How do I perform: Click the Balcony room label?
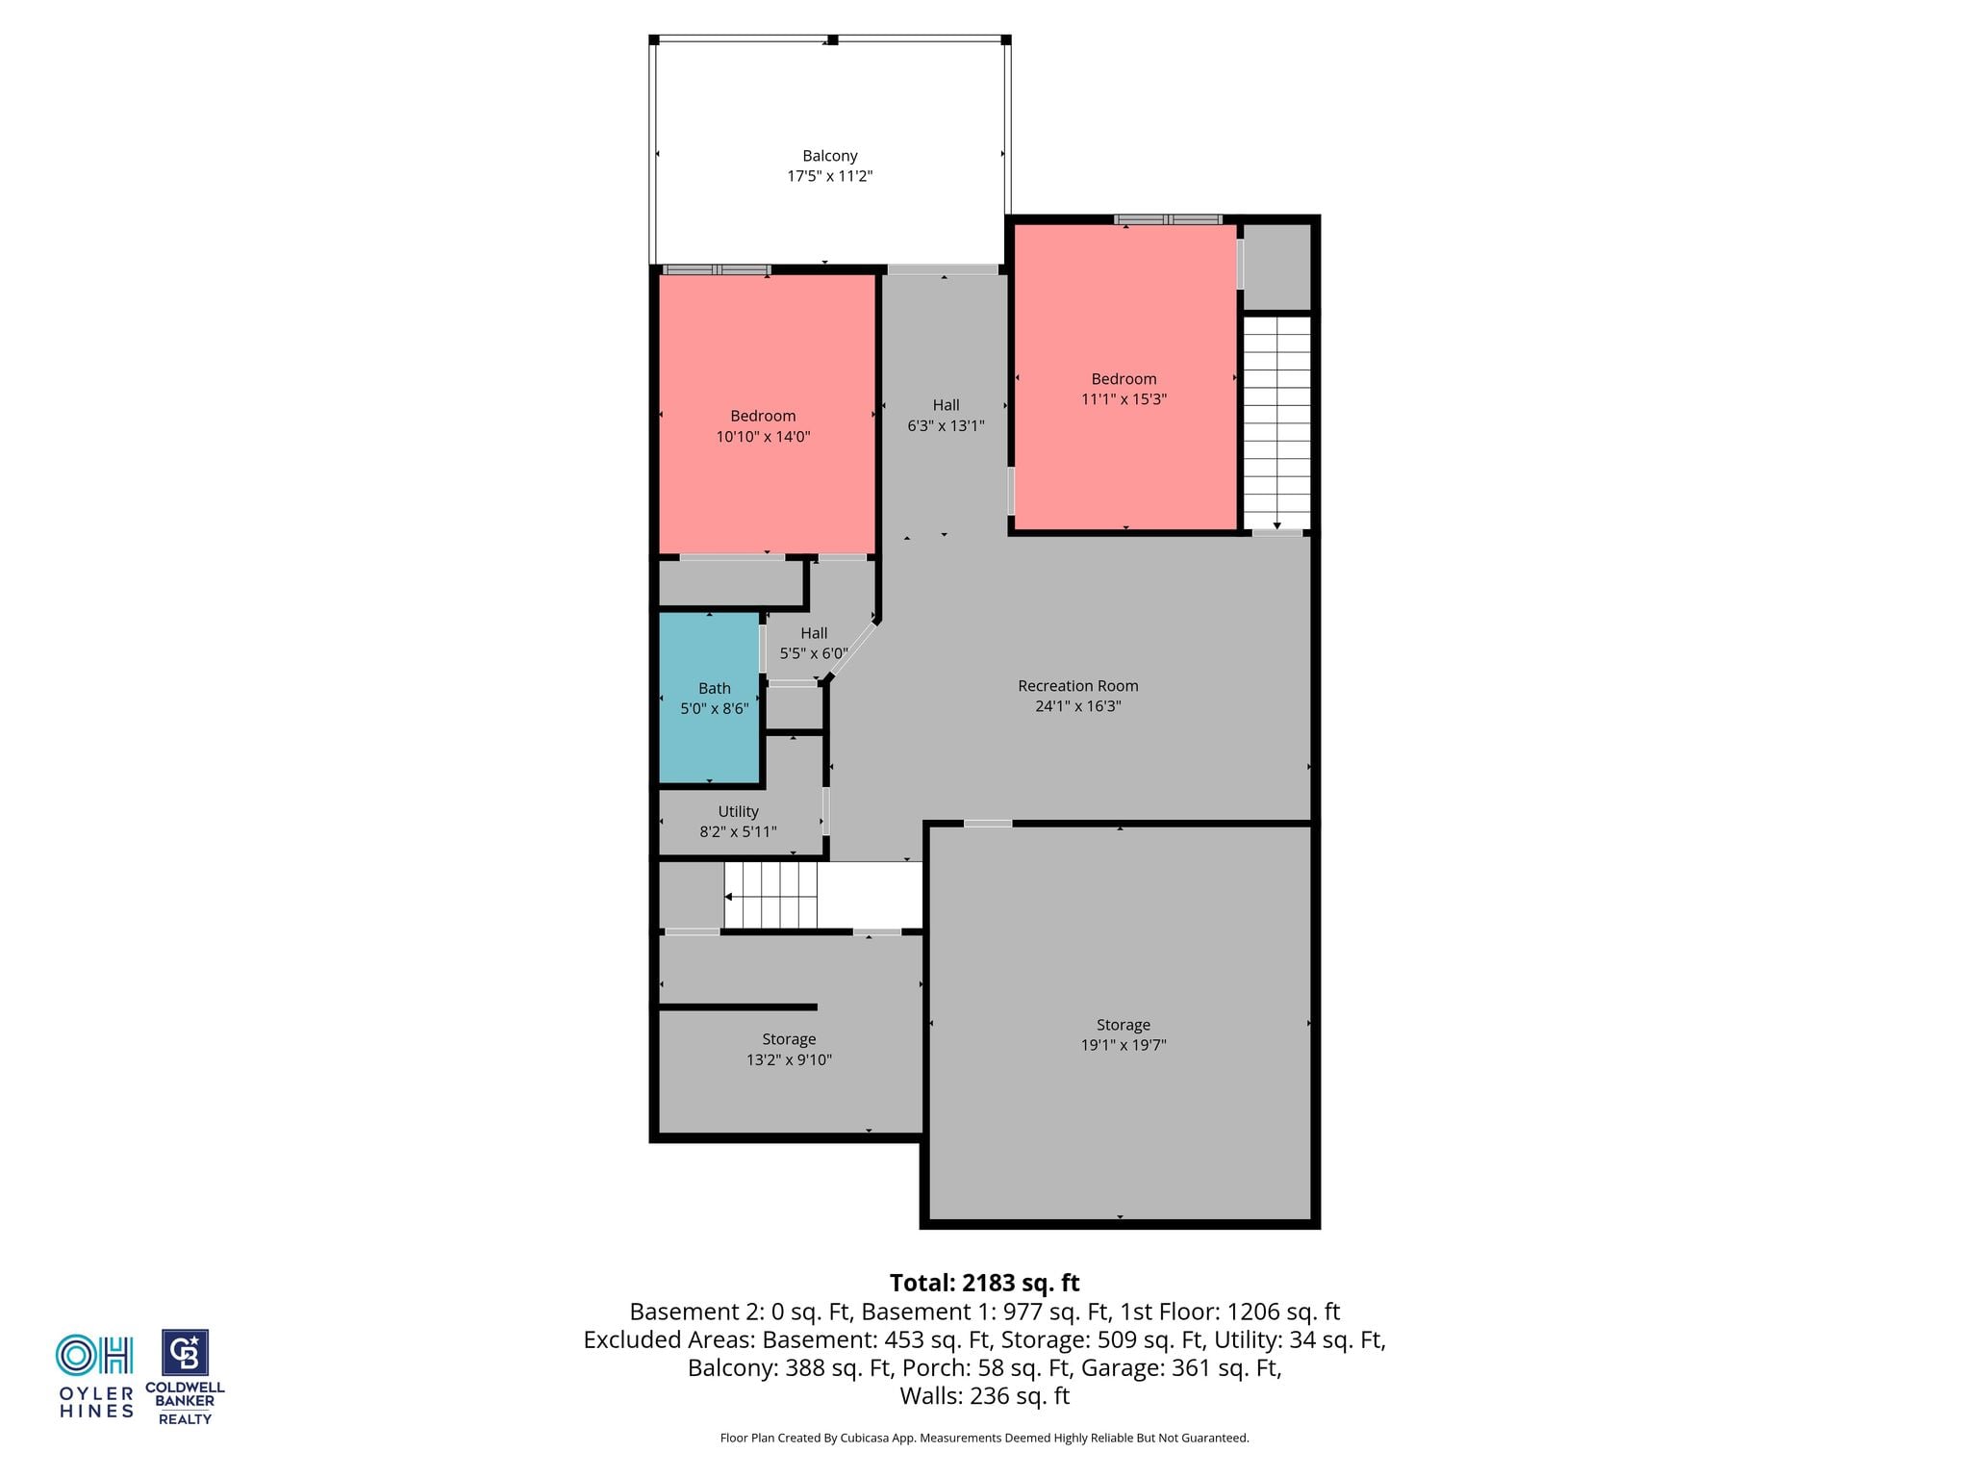click(829, 156)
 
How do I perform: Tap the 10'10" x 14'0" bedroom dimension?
click(763, 437)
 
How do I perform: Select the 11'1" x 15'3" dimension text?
click(1124, 399)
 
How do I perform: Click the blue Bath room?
click(710, 698)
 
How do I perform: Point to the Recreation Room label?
click(1077, 686)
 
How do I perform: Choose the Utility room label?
click(738, 812)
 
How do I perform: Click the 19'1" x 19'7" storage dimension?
click(1123, 1045)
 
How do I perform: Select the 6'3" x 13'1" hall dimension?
click(946, 425)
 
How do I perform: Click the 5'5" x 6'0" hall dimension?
click(814, 653)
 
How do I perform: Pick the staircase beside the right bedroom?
click(1276, 422)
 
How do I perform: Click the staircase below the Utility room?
click(770, 895)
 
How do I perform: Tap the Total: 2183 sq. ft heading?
click(984, 1283)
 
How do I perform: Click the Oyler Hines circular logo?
click(94, 1355)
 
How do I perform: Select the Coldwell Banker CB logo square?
click(185, 1353)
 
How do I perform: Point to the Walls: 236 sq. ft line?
click(984, 1395)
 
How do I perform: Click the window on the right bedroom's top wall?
click(1168, 219)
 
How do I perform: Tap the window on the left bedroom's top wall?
click(717, 269)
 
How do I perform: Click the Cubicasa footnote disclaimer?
click(984, 1438)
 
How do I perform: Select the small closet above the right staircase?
click(1277, 268)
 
